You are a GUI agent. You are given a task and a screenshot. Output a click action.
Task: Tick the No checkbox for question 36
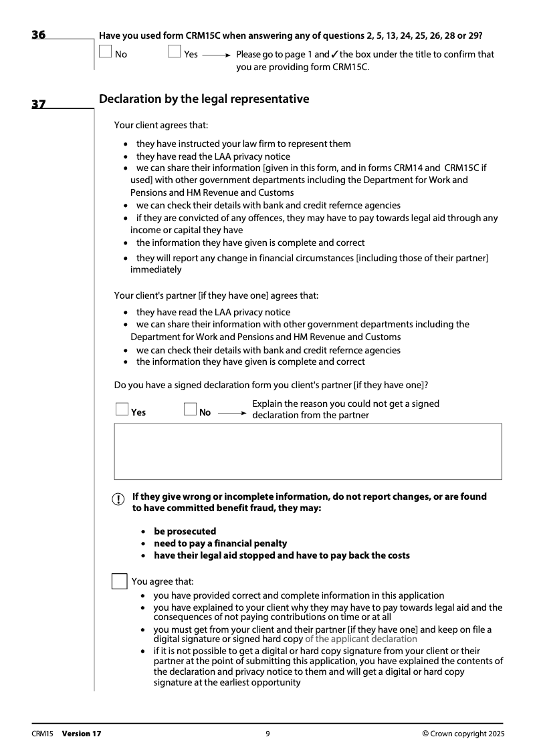pos(106,52)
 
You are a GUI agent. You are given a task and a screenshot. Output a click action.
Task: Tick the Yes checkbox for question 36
pos(175,52)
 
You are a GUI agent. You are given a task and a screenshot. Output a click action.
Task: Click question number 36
pos(39,35)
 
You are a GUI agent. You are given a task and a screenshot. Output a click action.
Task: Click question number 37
pos(39,104)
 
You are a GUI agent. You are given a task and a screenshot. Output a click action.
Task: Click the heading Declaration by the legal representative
pos(204,99)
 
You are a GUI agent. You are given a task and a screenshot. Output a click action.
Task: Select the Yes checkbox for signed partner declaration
pos(122,409)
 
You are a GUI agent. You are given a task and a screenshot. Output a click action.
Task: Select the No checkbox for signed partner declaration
pos(191,409)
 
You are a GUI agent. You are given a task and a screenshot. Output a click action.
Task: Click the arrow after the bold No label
pos(232,413)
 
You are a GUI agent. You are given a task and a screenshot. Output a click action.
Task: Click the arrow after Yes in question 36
pos(217,55)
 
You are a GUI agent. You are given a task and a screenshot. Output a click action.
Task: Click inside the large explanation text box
pos(308,451)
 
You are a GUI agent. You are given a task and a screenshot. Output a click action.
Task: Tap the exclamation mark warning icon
pos(118,500)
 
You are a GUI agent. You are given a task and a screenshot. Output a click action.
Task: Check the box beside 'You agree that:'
pos(119,581)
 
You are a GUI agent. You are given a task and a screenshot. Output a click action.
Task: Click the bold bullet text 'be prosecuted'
pos(185,531)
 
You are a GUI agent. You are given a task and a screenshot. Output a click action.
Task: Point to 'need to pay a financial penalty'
pos(220,543)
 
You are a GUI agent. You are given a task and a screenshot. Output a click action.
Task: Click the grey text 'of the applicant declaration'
pos(360,639)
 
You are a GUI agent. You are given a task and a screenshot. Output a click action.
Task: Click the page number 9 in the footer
pos(267,734)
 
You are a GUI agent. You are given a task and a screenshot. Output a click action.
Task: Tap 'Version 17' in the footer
pos(82,734)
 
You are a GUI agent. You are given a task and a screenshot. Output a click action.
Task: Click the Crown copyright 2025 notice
pos(463,734)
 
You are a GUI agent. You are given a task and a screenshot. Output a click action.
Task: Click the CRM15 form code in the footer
pos(42,734)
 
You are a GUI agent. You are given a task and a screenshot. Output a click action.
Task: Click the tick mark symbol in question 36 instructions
pos(334,54)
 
